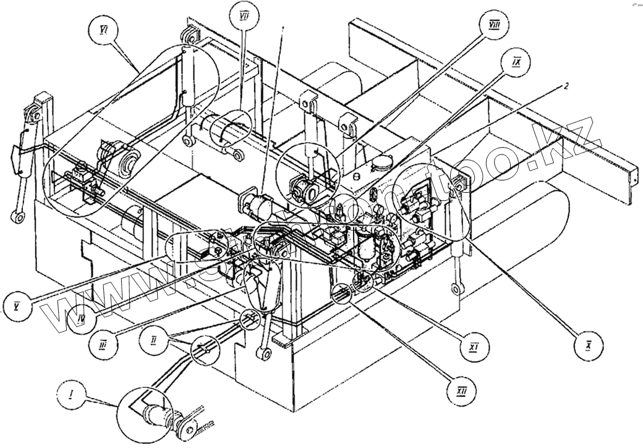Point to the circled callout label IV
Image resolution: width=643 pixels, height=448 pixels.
coord(77,323)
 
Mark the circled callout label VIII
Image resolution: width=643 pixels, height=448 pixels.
coord(494,25)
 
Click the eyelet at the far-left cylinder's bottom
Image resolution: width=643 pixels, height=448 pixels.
coord(17,218)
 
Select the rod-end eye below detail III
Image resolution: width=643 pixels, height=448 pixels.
coord(263,354)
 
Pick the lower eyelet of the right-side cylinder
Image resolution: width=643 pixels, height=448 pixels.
coord(458,289)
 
